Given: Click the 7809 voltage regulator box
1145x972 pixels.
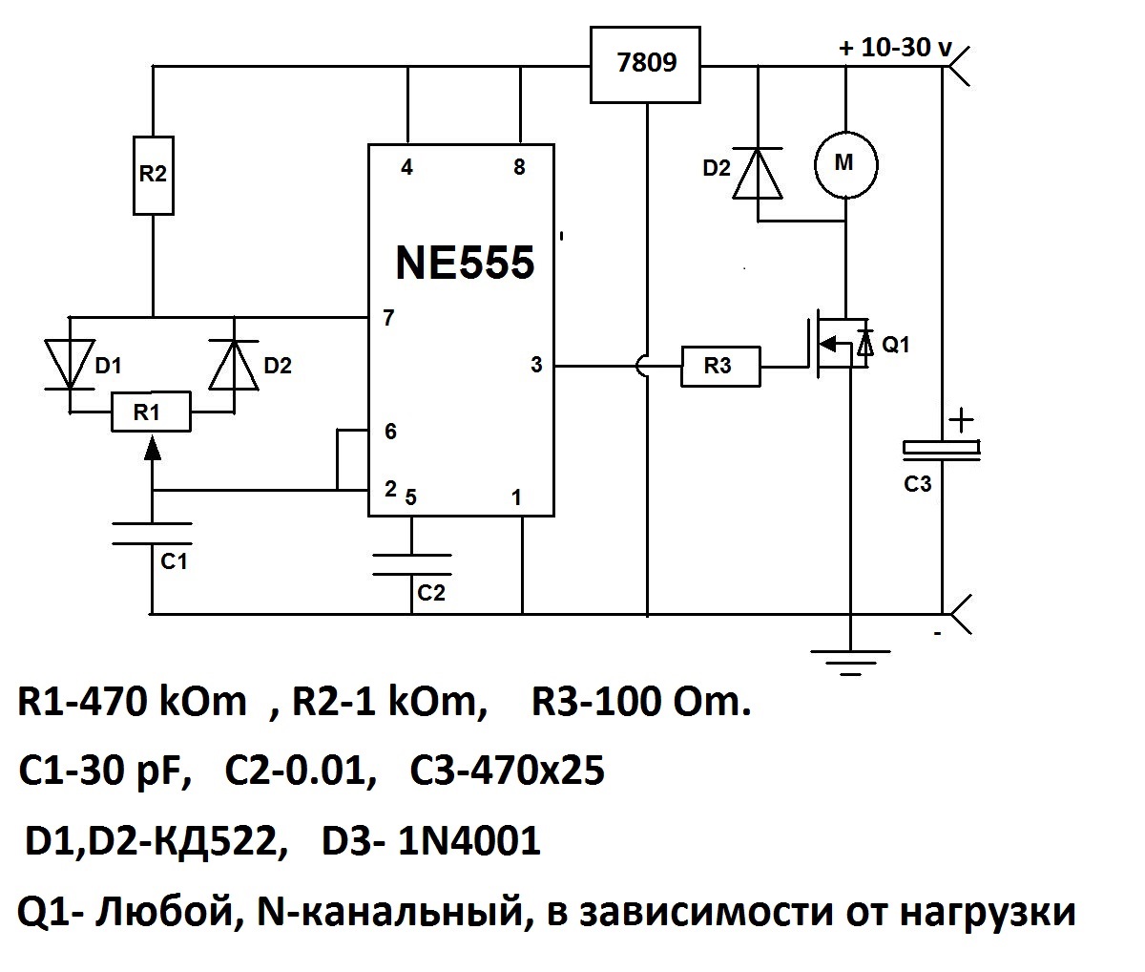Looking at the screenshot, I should click(646, 64).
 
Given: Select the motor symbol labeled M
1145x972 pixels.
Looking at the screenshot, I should click(845, 163).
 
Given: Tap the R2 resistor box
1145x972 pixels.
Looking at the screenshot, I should click(152, 174).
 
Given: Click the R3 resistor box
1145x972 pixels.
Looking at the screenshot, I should click(720, 367).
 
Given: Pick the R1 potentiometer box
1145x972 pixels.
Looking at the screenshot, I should click(151, 412).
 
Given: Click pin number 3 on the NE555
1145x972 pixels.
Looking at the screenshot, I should click(536, 365).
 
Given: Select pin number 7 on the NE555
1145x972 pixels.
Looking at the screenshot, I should click(388, 319).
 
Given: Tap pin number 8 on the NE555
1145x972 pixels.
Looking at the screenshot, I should click(519, 168).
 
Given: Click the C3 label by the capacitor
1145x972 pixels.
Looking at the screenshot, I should click(917, 484).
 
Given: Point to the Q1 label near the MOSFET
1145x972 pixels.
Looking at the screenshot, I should click(895, 346).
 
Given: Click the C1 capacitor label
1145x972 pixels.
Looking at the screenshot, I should click(173, 561).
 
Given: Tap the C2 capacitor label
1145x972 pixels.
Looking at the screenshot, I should click(431, 593).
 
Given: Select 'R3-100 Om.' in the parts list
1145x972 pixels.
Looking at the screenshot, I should click(641, 704).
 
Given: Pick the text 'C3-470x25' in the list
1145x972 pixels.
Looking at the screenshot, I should click(507, 771).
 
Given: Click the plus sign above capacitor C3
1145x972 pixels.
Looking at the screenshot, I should click(961, 419).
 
